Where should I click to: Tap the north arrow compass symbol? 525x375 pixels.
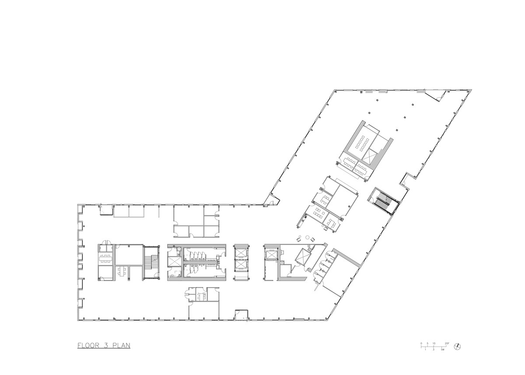pyautogui.click(x=458, y=346)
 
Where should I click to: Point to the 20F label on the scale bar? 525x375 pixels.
pyautogui.click(x=447, y=343)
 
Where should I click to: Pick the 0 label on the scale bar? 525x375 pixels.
pyautogui.click(x=421, y=343)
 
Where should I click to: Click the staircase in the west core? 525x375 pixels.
pyautogui.click(x=152, y=262)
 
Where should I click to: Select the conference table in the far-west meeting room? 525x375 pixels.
pyautogui.click(x=105, y=257)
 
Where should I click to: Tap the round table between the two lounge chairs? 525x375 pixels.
pyautogui.click(x=308, y=238)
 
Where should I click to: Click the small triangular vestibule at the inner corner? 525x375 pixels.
pyautogui.click(x=272, y=200)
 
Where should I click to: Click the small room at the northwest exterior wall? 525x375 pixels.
pyautogui.click(x=105, y=210)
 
